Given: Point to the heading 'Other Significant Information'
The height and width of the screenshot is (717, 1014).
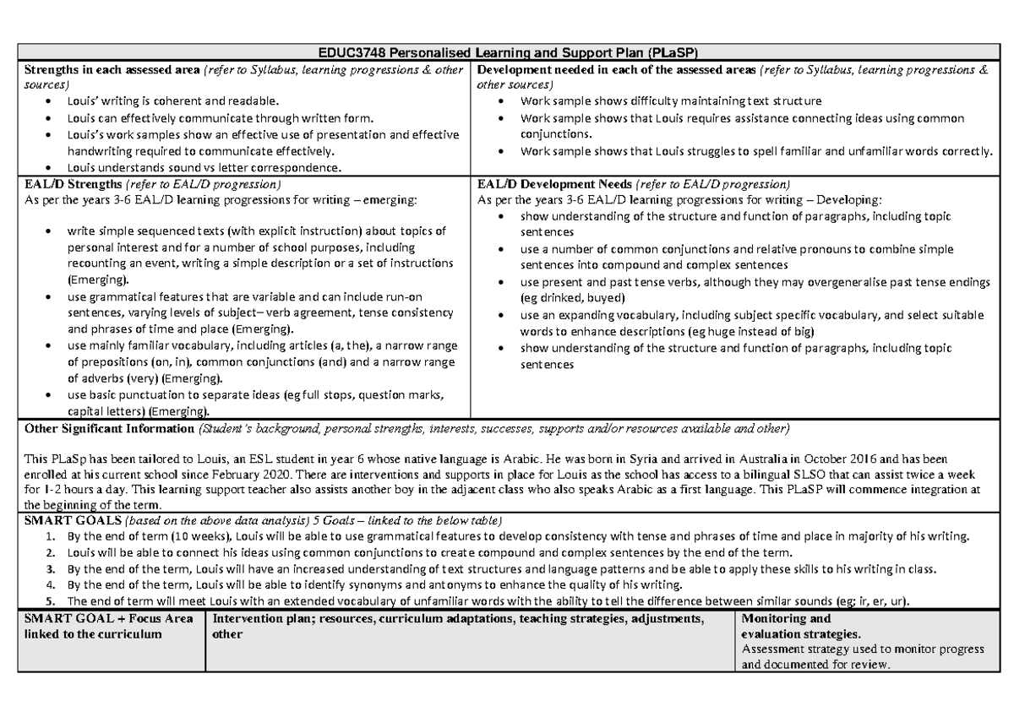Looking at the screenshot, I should (x=110, y=429).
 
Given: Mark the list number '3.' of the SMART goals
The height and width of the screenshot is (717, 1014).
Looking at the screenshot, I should (x=52, y=569).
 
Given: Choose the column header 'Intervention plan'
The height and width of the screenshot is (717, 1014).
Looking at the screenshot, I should (x=264, y=619).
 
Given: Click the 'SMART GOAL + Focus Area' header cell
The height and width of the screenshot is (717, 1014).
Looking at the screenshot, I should (x=108, y=619).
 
